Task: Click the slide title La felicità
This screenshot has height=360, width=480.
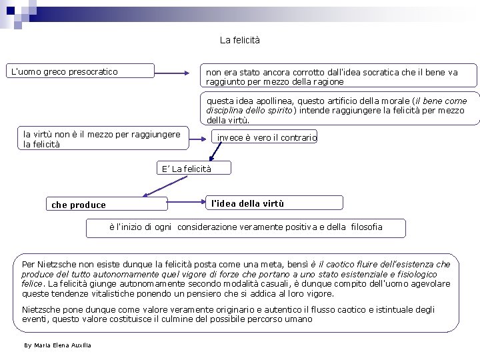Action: click(x=240, y=40)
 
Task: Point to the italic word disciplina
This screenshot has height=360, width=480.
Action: click(x=227, y=111)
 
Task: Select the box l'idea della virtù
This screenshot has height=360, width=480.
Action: click(x=275, y=203)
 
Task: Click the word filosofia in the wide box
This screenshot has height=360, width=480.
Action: click(x=364, y=227)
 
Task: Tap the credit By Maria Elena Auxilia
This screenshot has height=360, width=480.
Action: click(x=57, y=345)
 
